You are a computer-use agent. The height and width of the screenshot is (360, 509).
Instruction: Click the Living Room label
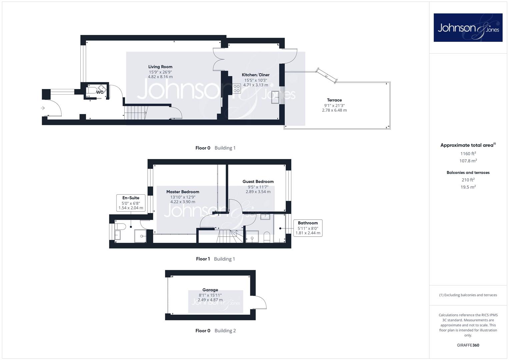click(x=160, y=67)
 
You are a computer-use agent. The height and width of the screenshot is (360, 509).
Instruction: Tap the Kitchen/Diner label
click(x=256, y=75)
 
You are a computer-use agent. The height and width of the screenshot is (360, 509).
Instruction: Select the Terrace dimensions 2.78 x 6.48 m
click(x=334, y=110)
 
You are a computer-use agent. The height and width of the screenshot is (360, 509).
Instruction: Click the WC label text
click(x=100, y=92)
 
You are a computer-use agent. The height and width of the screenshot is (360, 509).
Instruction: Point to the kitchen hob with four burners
click(x=237, y=88)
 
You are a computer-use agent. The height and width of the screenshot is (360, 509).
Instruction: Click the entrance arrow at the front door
click(x=43, y=108)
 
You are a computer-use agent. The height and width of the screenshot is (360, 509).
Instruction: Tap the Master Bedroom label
click(x=183, y=192)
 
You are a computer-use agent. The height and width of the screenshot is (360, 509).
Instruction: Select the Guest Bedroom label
click(x=258, y=182)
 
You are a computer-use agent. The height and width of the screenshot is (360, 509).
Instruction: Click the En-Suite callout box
click(x=131, y=203)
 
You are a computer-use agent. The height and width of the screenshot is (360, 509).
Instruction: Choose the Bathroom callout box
click(x=308, y=228)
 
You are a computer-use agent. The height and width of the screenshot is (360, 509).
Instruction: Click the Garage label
click(x=210, y=290)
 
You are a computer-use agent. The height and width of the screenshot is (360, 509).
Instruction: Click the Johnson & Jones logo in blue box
click(x=468, y=27)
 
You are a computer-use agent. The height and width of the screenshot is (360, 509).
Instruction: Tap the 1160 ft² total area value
click(x=468, y=153)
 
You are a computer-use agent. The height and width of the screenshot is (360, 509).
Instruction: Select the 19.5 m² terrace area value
click(x=468, y=187)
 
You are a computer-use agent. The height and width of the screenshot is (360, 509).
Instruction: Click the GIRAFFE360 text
click(x=468, y=345)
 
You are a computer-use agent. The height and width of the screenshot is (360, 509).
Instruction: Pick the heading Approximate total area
click(x=468, y=145)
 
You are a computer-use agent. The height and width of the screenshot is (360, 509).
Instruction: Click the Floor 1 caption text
click(x=203, y=259)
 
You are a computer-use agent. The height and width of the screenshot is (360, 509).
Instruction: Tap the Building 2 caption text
click(x=225, y=331)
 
